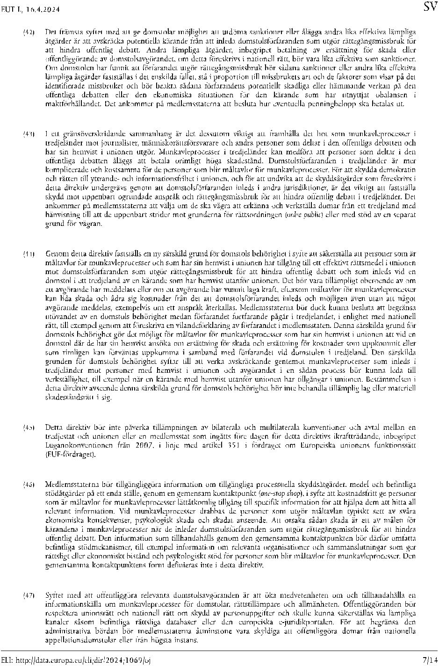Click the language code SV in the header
click(430, 7)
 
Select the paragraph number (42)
click(29, 32)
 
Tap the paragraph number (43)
click(29, 135)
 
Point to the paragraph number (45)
click(29, 427)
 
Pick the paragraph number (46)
click(29, 485)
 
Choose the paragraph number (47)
click(29, 595)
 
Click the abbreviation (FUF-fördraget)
click(70, 454)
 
